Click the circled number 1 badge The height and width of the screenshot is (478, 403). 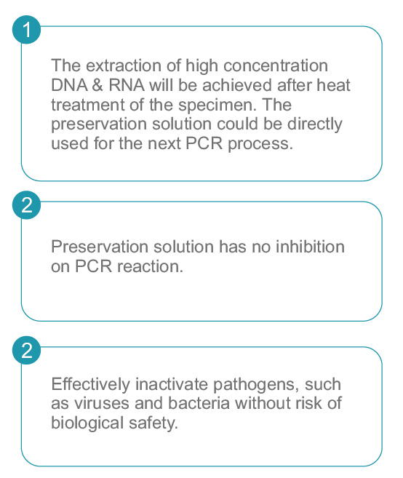26,30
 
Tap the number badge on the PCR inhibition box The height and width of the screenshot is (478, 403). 26,205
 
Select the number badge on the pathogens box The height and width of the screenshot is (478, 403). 26,350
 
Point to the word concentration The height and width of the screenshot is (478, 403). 276,65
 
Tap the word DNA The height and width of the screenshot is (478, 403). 70,85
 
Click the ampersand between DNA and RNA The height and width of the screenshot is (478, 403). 97,85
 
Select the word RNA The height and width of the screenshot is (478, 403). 127,85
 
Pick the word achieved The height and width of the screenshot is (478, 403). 237,85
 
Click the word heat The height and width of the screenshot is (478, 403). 333,85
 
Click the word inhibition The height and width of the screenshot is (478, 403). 311,247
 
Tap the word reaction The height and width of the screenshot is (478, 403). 151,266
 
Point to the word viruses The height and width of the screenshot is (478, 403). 102,403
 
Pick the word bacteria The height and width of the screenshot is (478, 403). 199,403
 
